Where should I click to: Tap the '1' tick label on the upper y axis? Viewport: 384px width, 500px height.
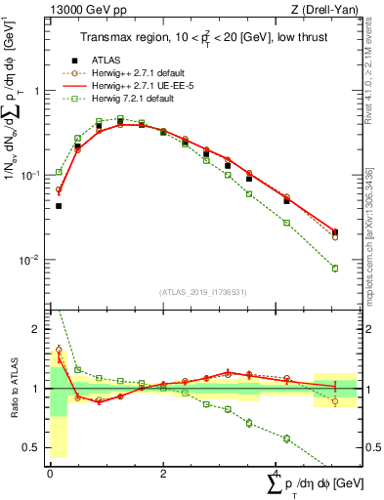point(37,91)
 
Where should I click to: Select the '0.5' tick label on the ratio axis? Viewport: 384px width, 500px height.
point(32,448)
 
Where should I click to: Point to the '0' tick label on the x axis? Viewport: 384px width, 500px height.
point(50,472)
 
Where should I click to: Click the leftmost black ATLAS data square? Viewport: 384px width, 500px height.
point(59,206)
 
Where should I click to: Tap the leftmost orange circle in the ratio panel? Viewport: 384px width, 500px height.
point(59,349)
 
